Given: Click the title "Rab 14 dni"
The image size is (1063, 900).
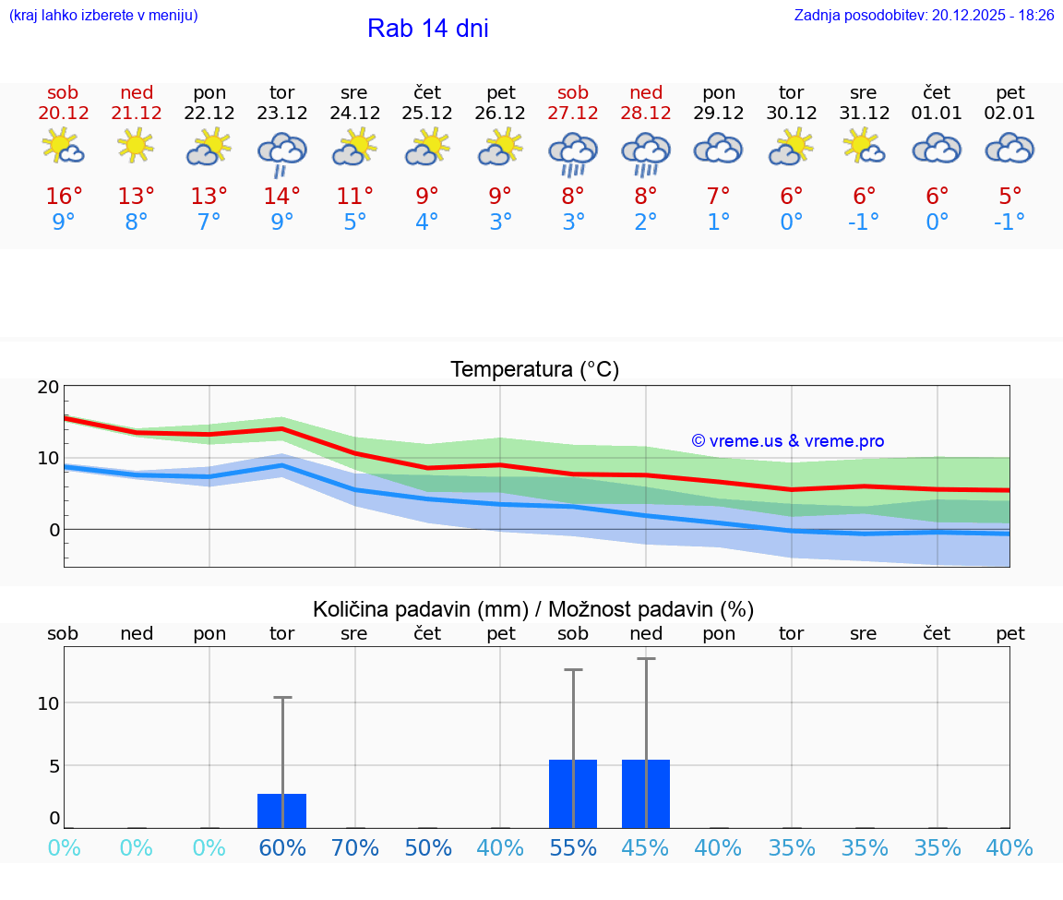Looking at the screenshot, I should pyautogui.click(x=427, y=29).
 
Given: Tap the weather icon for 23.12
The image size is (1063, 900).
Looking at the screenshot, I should pyautogui.click(x=281, y=152).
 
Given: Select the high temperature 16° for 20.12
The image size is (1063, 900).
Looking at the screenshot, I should pyautogui.click(x=64, y=197).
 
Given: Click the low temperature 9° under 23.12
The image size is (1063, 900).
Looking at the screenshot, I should pyautogui.click(x=281, y=222).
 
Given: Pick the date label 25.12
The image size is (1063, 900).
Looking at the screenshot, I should pyautogui.click(x=427, y=114).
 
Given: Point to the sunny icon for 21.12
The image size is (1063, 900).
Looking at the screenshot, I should pyautogui.click(x=136, y=146).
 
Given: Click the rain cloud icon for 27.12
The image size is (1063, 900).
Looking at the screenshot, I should pyautogui.click(x=573, y=152).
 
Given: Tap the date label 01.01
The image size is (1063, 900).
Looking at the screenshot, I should pyautogui.click(x=937, y=114).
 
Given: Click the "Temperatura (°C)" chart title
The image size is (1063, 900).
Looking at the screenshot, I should pyautogui.click(x=534, y=370).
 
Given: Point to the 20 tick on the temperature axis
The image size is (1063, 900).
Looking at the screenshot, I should pyautogui.click(x=48, y=388).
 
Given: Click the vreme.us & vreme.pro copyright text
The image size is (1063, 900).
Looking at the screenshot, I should pyautogui.click(x=788, y=441).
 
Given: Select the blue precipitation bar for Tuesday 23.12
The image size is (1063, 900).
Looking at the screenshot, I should pyautogui.click(x=281, y=810).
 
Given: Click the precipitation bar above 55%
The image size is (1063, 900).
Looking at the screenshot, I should pyautogui.click(x=573, y=794).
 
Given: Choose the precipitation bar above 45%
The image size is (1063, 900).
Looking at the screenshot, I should pyautogui.click(x=646, y=794).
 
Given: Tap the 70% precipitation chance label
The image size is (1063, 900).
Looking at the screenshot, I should pyautogui.click(x=354, y=848).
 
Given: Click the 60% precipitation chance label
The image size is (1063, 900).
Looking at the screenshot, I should pyautogui.click(x=281, y=848).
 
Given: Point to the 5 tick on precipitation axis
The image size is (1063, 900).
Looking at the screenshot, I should pyautogui.click(x=54, y=766).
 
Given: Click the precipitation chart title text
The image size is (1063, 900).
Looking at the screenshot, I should pyautogui.click(x=533, y=609).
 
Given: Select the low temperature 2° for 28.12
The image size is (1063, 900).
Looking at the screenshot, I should pyautogui.click(x=646, y=222).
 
